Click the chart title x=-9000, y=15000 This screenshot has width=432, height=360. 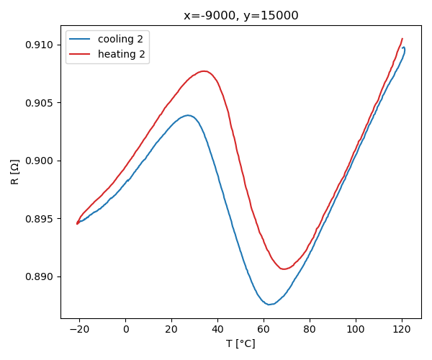pos(241,16)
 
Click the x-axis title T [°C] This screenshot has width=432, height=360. pos(240,343)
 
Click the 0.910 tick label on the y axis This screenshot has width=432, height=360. pos(42,45)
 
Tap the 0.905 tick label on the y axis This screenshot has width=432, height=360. pos(42,103)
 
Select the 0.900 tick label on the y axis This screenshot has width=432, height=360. pos(42,161)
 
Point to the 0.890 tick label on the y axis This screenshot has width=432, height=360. pos(42,276)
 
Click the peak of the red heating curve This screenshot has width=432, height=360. pos(204,71)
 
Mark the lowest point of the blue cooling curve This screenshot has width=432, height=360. pos(269,304)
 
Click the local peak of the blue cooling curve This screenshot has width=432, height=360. pos(188,115)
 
